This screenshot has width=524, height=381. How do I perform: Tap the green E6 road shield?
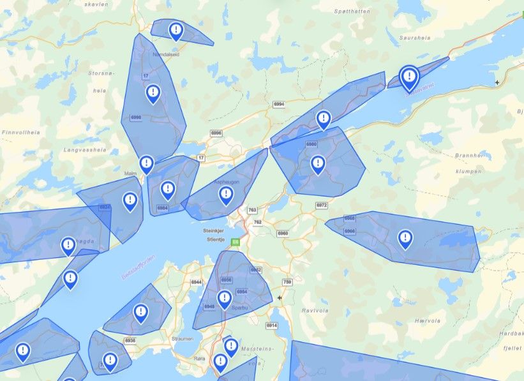coord(236,243)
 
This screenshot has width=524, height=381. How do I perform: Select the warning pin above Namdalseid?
coord(176,30)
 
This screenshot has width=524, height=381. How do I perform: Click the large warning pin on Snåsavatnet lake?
coord(409,78)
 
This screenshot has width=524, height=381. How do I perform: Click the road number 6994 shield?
coord(278,104)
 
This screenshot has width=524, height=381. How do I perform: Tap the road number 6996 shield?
coord(216,133)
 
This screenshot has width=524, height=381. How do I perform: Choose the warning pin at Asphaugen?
coord(225,195)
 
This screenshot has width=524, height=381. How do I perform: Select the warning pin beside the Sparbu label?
coord(224,299)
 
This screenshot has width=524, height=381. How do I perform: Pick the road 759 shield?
coord(287,282)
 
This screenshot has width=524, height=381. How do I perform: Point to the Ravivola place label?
coord(314,311)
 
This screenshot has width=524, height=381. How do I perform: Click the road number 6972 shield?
coord(321,205)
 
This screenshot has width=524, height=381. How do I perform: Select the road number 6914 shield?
coord(272,326)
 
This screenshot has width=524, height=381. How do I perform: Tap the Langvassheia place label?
coord(85,150)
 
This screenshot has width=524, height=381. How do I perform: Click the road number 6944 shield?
coord(195,282)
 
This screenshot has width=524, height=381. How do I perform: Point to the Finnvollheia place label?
coord(21,132)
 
